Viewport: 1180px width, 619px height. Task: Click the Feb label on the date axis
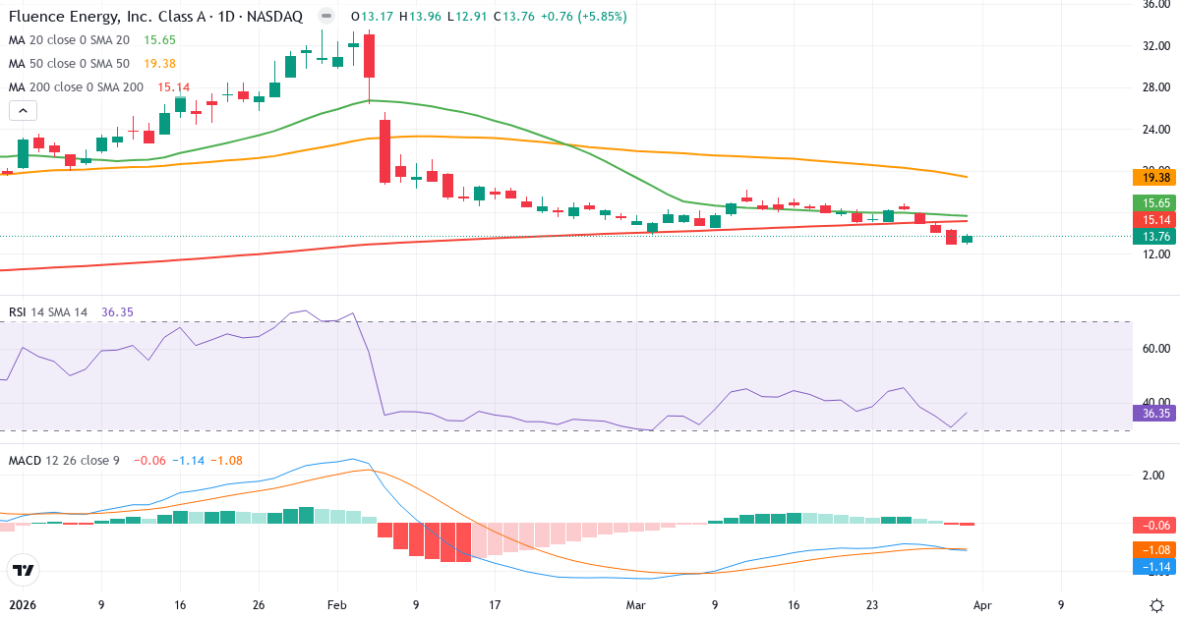click(x=336, y=605)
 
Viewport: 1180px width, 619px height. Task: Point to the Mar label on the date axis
click(x=636, y=605)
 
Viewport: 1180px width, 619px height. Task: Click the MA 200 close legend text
click(x=74, y=86)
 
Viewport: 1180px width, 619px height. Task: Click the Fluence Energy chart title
click(x=154, y=17)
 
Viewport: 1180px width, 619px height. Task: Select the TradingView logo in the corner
click(x=23, y=570)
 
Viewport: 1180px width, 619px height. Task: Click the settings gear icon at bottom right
click(x=1157, y=604)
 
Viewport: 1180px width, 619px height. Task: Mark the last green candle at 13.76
click(x=967, y=239)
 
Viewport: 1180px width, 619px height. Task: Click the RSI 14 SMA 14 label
click(x=48, y=311)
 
